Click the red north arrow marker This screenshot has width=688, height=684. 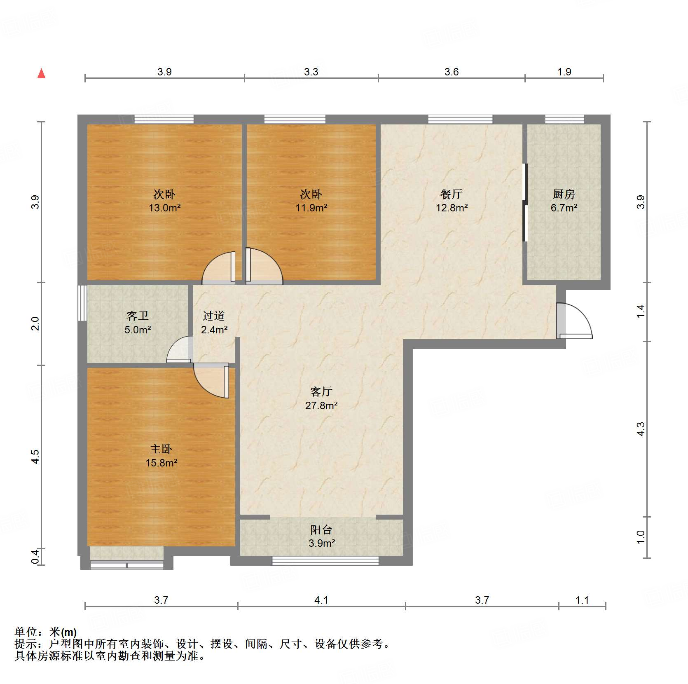pos(41,73)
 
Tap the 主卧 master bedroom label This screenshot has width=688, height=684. pos(161,449)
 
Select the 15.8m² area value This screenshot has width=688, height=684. pos(161,463)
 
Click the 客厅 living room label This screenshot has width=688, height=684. pos(321,391)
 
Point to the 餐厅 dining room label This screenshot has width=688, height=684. pos(452,194)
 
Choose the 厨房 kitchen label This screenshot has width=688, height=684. pos(564,194)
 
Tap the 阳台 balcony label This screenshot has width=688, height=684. pos(321,529)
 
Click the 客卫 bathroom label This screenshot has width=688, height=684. pos(138,316)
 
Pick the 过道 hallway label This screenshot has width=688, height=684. pos(214,316)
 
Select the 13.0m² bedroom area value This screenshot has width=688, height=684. pos(164,208)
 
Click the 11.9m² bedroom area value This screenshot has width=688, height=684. pos(311,208)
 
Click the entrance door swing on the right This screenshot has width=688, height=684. pos(575,321)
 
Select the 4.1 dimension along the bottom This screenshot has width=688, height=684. pos(321,600)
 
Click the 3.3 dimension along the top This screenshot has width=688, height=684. pos(311,72)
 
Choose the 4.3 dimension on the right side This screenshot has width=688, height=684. pos(641,429)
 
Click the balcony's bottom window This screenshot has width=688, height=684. pos(325,560)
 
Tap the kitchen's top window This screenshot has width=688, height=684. pos(564,119)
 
